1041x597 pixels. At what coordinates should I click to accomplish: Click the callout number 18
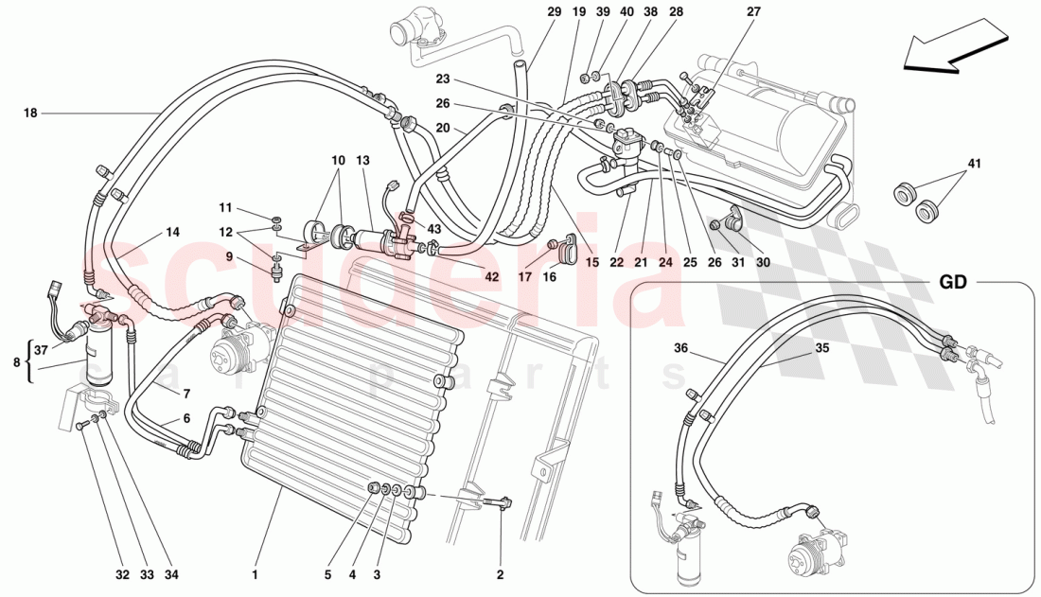[x=30, y=114]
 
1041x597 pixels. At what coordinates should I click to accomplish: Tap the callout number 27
[x=752, y=12]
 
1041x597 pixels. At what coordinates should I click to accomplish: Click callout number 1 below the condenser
[x=255, y=572]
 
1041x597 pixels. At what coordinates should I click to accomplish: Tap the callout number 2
[x=500, y=572]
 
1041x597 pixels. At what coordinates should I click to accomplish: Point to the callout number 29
[x=554, y=12]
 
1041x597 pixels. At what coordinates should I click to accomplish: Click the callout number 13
[x=362, y=160]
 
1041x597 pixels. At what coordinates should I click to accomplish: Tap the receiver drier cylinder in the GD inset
[x=686, y=563]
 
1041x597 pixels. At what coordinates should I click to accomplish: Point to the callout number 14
[x=171, y=231]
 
